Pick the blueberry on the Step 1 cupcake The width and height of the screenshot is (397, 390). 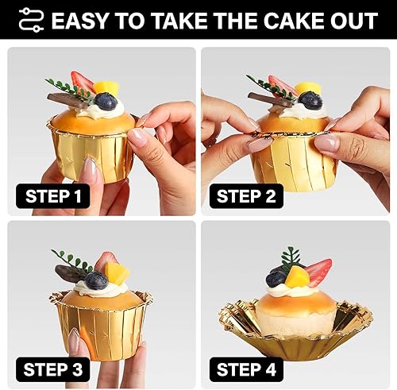coord(106,101)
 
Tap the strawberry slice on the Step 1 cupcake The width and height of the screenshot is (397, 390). coord(82,81)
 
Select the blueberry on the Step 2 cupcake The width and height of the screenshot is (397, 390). coord(310,100)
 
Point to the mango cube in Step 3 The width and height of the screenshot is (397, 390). coord(116,273)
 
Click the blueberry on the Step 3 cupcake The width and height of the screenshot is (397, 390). coord(96,280)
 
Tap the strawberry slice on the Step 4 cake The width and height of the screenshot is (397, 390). coord(318,272)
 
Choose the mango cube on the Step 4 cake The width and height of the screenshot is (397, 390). coord(297,276)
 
